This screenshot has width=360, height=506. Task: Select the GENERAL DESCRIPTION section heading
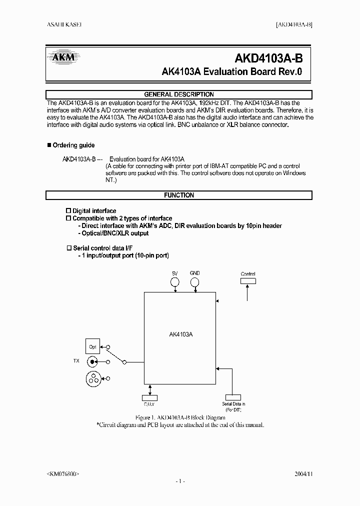click(x=179, y=94)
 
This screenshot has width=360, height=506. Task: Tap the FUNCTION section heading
click(x=179, y=195)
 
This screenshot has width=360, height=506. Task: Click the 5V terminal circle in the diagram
click(x=174, y=283)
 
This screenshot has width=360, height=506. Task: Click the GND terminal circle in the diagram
click(x=194, y=283)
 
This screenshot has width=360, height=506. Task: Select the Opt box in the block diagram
click(x=92, y=346)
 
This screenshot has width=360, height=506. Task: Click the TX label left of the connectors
click(x=75, y=361)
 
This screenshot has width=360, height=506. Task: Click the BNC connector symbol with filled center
click(x=92, y=361)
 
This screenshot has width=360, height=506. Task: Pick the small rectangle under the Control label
click(x=248, y=281)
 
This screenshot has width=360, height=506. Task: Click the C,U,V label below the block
click(x=150, y=404)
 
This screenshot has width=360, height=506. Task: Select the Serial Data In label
click(x=233, y=403)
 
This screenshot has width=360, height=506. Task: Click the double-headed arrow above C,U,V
click(x=150, y=389)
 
